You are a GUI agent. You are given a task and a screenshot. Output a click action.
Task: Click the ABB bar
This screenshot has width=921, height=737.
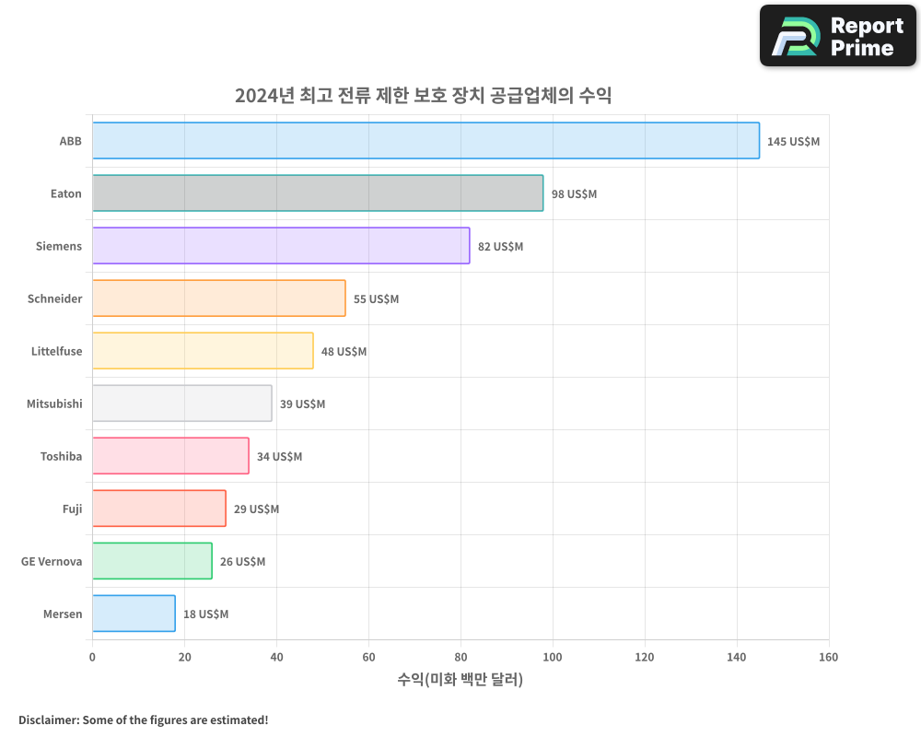[426, 141]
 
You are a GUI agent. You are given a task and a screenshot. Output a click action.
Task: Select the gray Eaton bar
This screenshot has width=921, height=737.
[318, 193]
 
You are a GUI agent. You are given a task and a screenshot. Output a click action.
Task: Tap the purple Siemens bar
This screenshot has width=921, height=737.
[281, 246]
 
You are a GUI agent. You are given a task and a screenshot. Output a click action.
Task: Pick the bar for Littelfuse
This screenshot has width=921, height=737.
[203, 351]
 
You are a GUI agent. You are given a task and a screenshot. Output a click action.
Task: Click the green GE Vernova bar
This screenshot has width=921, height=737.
[152, 561]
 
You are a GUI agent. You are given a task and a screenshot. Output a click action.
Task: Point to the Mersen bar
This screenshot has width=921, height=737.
[134, 614]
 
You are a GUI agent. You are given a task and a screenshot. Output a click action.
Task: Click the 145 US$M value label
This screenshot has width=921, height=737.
[793, 142]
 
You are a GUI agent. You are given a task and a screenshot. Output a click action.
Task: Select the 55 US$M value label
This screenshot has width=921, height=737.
[376, 299]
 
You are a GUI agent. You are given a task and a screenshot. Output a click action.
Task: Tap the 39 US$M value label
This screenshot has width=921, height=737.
[302, 404]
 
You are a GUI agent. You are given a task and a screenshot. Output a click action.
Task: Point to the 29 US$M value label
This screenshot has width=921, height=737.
[256, 509]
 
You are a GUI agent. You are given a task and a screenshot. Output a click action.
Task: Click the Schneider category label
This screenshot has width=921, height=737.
[54, 298]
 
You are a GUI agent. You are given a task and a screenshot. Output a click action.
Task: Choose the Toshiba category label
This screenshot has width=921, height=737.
[61, 456]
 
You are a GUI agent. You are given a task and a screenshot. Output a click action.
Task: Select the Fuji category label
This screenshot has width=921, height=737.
[72, 509]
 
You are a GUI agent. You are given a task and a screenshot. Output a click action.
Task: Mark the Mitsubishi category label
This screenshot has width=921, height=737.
[54, 404]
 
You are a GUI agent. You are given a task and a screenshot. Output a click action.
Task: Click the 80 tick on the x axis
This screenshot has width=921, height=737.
[460, 657]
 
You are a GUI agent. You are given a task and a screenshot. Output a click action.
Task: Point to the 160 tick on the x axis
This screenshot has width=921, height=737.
[828, 657]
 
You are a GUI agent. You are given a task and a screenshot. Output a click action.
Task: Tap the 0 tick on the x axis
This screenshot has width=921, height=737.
[92, 657]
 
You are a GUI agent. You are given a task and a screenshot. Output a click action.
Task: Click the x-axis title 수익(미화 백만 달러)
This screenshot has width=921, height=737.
[460, 680]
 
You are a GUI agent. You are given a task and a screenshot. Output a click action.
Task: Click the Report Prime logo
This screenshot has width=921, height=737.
[838, 36]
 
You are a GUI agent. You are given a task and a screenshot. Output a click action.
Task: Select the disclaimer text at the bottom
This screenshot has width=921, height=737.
[143, 719]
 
